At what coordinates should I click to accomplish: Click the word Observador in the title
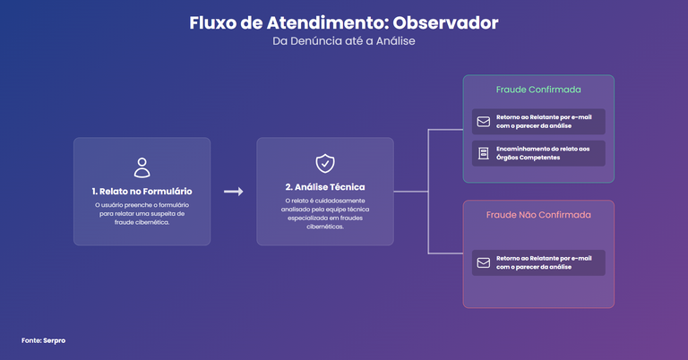445,22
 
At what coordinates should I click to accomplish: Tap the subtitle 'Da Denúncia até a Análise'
344,41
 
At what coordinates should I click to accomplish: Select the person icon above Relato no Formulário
142,167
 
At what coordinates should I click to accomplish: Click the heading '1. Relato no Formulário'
142,191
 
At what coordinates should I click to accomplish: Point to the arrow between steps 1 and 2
234,191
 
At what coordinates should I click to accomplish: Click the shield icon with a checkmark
325,164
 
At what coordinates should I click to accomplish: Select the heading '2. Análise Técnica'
325,187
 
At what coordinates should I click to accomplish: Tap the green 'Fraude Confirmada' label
538,90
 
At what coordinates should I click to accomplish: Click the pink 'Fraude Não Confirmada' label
538,215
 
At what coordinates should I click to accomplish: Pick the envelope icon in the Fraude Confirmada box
484,122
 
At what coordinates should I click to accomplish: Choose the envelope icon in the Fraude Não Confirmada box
484,262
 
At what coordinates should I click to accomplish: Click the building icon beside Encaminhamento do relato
484,153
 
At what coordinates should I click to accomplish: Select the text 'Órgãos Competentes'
529,158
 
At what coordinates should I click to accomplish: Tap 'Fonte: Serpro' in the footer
43,340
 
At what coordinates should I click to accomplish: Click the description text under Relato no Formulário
142,213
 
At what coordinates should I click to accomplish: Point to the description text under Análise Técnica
325,213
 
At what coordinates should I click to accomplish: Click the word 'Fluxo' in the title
213,22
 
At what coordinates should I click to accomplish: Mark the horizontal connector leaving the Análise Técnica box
410,192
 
